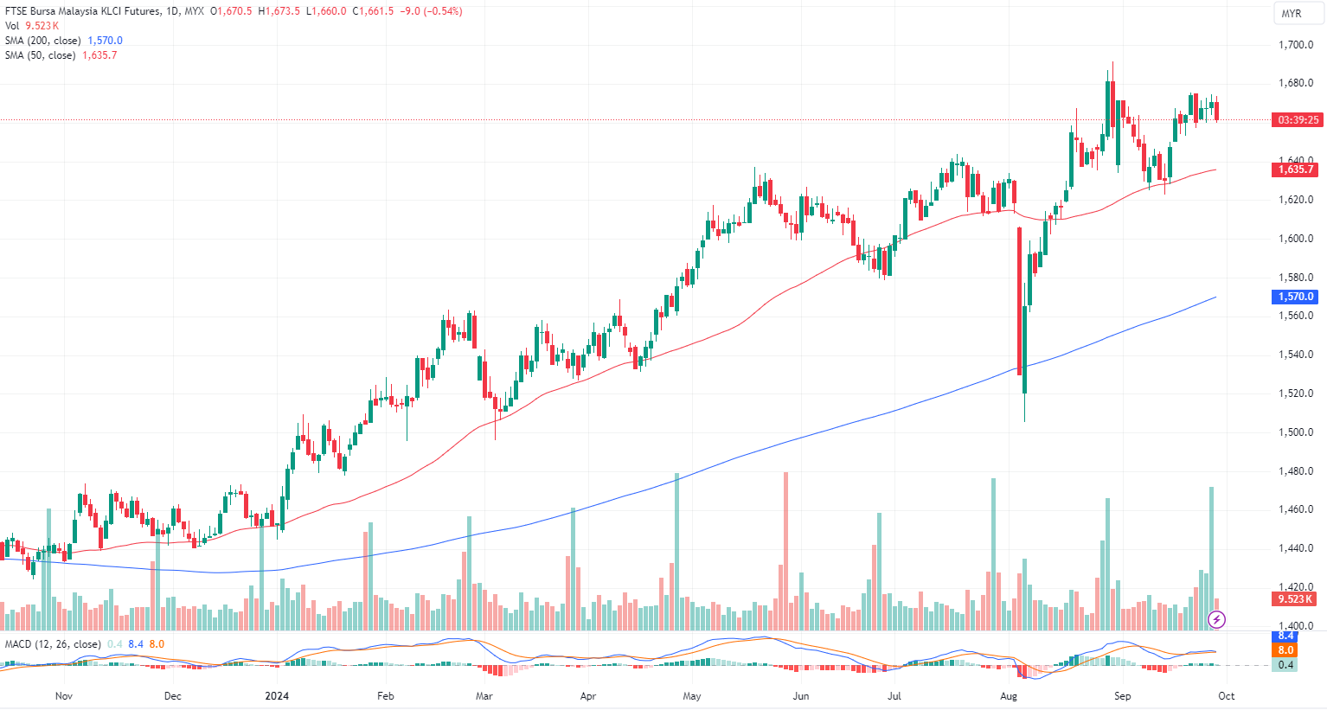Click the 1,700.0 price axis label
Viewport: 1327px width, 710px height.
click(x=1296, y=45)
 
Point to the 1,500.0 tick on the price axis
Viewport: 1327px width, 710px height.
click(x=1296, y=432)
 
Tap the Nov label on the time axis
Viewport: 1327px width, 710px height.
click(x=63, y=696)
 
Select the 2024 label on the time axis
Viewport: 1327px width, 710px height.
click(x=277, y=696)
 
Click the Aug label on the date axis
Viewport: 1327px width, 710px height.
click(x=1008, y=696)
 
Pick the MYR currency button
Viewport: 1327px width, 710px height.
click(x=1292, y=14)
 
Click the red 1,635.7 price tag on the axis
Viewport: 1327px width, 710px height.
click(x=1297, y=170)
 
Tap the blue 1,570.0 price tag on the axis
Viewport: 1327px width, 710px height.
click(x=1297, y=297)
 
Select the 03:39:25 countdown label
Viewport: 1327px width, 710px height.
click(x=1298, y=120)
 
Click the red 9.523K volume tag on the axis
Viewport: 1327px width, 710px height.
click(x=1296, y=599)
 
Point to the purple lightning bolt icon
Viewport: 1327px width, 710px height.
click(x=1217, y=619)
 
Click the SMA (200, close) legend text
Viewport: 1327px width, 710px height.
click(x=43, y=41)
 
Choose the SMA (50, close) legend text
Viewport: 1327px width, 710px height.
click(x=40, y=55)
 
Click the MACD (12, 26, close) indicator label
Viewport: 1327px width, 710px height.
click(x=52, y=644)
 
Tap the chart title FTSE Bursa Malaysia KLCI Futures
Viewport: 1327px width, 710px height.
click(x=82, y=11)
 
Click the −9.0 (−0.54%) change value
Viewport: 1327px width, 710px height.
click(x=431, y=11)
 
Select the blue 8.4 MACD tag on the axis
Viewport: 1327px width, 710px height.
click(x=1286, y=636)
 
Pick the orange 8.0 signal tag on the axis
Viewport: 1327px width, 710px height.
click(x=1286, y=650)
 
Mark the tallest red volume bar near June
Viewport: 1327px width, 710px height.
click(x=785, y=550)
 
